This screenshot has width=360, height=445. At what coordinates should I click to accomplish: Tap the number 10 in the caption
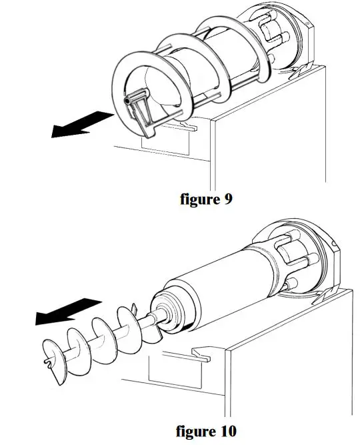[x=226, y=431]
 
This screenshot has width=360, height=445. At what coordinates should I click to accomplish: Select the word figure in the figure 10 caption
[x=196, y=431]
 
